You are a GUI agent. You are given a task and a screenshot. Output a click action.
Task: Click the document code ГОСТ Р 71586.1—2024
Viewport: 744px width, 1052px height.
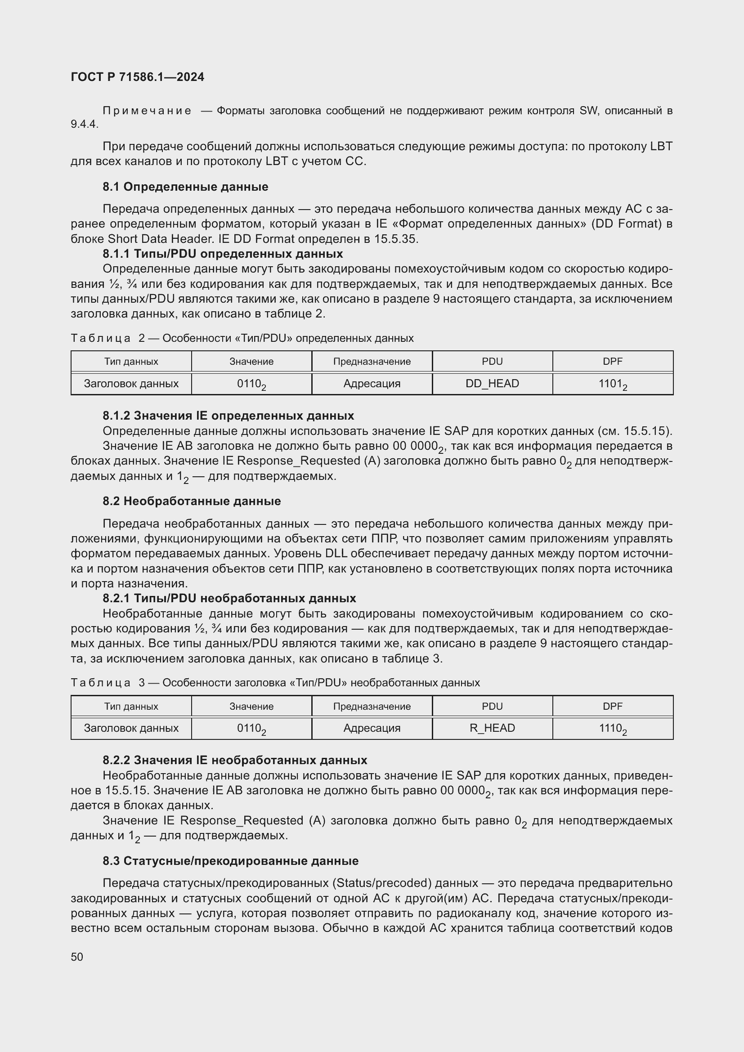tap(138, 77)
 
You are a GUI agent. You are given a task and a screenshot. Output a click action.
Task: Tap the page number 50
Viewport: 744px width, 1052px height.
tap(77, 957)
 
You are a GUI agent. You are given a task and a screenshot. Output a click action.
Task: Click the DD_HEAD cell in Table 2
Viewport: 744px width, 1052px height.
tap(492, 384)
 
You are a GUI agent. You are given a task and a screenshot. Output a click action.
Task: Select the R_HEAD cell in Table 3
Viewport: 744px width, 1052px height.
tap(492, 728)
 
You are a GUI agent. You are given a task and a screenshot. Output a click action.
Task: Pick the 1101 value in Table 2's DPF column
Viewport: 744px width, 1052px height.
tap(612, 384)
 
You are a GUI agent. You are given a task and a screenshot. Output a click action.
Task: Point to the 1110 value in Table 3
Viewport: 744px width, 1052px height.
tap(612, 729)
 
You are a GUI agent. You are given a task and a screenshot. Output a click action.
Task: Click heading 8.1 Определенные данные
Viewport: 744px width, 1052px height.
tap(185, 187)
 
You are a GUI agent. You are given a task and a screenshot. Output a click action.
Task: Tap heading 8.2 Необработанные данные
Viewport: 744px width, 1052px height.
tap(192, 501)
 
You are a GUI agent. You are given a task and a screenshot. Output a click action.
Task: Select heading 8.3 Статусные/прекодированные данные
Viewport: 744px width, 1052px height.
tap(230, 860)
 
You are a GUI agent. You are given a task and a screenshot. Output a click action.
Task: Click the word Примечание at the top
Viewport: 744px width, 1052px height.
tap(147, 111)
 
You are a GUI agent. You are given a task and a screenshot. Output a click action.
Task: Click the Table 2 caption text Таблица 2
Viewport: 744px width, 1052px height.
tap(108, 338)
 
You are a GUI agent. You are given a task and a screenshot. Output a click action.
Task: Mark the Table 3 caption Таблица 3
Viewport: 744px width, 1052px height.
tap(108, 683)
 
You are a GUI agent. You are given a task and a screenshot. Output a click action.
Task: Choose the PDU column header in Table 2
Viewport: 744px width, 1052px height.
tap(492, 362)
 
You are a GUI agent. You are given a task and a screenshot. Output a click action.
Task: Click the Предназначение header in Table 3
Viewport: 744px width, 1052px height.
tap(372, 706)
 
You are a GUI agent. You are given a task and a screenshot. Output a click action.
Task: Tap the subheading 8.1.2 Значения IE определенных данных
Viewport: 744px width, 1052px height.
tap(228, 416)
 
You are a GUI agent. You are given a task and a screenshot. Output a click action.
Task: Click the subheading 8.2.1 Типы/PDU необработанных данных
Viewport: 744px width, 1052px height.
tap(229, 598)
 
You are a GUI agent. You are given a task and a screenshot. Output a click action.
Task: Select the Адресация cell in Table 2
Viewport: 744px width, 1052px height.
tap(372, 384)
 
